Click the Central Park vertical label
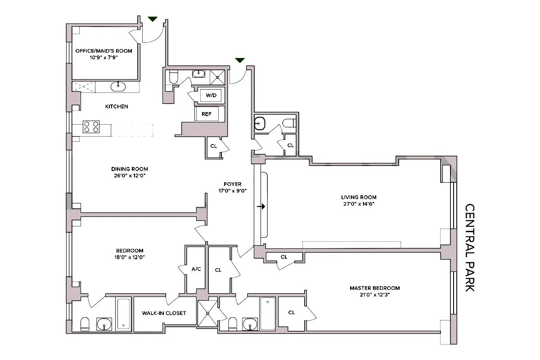click(x=470, y=248)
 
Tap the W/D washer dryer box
click(x=211, y=96)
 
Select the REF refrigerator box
click(x=207, y=114)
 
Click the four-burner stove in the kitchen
click(x=91, y=127)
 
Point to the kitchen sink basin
click(x=119, y=86)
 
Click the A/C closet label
click(x=196, y=270)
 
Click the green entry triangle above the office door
click(x=153, y=19)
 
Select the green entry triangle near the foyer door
click(x=240, y=60)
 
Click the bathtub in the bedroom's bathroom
click(x=124, y=314)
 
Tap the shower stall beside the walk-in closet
click(x=207, y=314)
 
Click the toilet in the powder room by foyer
click(x=289, y=123)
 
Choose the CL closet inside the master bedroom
click(x=292, y=313)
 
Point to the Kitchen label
click(x=117, y=107)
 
